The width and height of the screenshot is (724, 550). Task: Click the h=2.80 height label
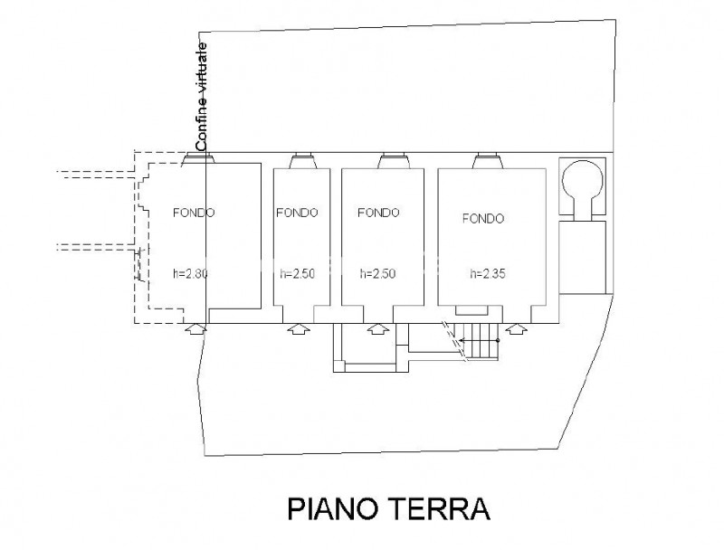tap(190, 273)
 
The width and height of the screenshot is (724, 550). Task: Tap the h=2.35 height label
tap(488, 273)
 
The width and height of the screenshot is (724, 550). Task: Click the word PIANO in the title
tap(335, 509)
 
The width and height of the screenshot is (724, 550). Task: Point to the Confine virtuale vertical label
tap(202, 97)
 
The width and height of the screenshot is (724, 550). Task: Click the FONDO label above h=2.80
tap(194, 213)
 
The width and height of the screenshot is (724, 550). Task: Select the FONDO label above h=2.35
tap(483, 218)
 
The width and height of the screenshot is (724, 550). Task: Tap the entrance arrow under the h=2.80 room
tap(195, 328)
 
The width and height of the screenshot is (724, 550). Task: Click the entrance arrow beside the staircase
tap(516, 328)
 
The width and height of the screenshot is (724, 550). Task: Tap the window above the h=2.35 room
tap(489, 161)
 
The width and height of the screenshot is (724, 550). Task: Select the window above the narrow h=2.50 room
tap(303, 161)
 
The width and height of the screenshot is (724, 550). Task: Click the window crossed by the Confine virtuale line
tap(197, 158)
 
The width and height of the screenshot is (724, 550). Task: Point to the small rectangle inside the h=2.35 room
tap(472, 310)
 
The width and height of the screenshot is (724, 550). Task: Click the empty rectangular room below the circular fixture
tap(582, 258)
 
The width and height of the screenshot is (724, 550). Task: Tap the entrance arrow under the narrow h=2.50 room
tap(299, 328)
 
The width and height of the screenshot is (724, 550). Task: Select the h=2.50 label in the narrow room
tap(298, 273)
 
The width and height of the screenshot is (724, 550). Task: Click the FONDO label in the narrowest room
tap(298, 213)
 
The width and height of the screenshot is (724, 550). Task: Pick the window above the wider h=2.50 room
tap(394, 161)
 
